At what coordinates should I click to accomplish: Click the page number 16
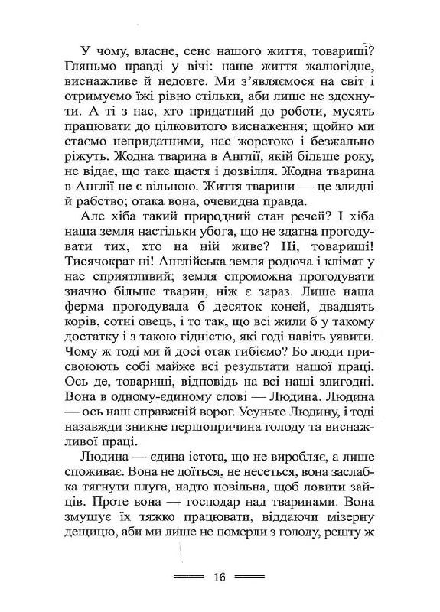tap(220, 577)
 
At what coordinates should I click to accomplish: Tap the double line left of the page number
tap(190, 577)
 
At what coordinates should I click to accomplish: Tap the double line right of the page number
tap(249, 577)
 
